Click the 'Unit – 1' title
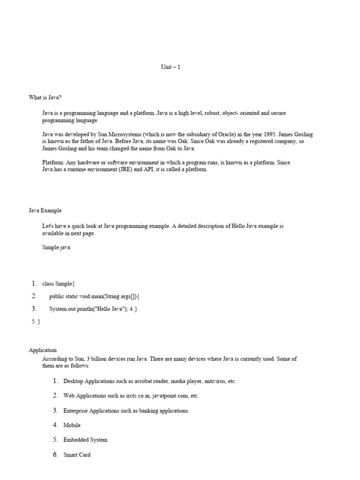tap(171, 67)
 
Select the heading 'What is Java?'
tap(45, 97)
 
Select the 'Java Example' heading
tap(45, 210)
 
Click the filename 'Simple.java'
tap(56, 247)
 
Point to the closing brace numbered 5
tap(36, 322)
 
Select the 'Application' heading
tap(43, 350)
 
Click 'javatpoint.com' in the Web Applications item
tap(170, 396)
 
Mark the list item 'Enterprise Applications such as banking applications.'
tap(126, 411)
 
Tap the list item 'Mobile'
tap(72, 425)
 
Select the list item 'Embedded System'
tap(85, 440)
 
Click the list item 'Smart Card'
tap(77, 455)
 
